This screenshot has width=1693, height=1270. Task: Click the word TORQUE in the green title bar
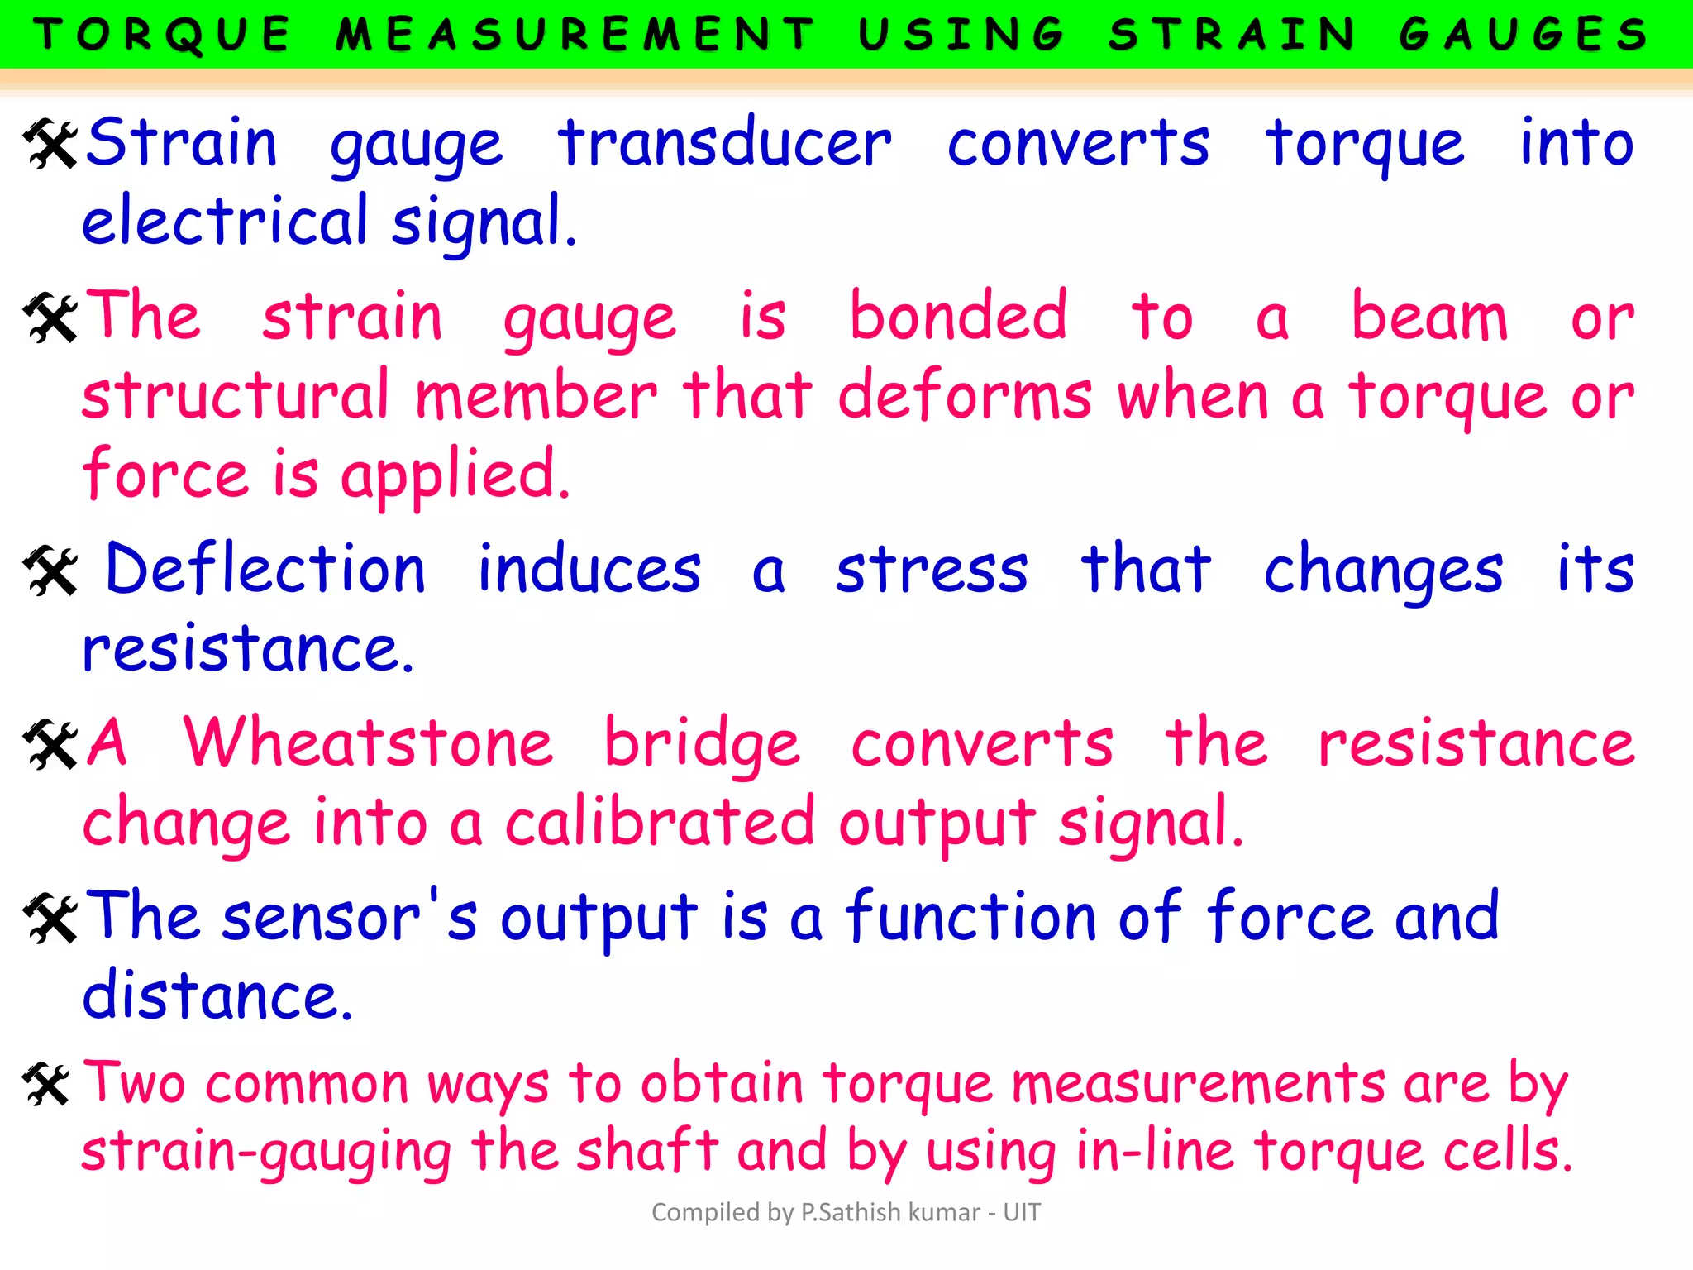pyautogui.click(x=162, y=35)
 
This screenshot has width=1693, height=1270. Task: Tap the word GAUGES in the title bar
pyautogui.click(x=1524, y=35)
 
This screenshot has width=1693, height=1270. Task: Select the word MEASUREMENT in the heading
pyautogui.click(x=575, y=35)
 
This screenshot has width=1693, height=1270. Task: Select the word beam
pyautogui.click(x=1429, y=317)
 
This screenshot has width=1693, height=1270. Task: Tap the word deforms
pyautogui.click(x=966, y=395)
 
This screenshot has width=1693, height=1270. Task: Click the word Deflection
pyautogui.click(x=265, y=570)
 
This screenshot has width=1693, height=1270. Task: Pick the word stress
pyautogui.click(x=932, y=571)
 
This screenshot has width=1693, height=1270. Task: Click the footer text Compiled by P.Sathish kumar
pyautogui.click(x=846, y=1212)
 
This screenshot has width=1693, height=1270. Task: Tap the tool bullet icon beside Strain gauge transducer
pyautogui.click(x=50, y=144)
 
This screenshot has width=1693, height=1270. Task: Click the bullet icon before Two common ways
pyautogui.click(x=46, y=1085)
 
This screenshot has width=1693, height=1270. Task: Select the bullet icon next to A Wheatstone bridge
pyautogui.click(x=50, y=744)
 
